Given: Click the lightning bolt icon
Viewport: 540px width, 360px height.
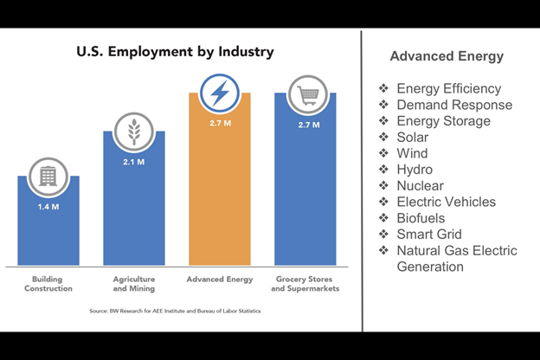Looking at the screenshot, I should coord(220,93).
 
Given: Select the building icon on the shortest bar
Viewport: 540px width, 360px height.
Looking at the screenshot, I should coord(48,177).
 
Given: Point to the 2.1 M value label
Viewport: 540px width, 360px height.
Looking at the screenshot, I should coord(134,163).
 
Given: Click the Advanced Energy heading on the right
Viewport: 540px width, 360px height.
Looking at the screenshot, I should coord(447,56).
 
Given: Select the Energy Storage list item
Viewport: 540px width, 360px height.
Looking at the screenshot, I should coord(443,121).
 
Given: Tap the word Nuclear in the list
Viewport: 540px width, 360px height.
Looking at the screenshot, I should coord(420,185).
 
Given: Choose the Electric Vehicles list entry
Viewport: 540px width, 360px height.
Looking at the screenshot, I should coord(446,202).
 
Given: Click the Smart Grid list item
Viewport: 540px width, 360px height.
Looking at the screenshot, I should coord(429,234).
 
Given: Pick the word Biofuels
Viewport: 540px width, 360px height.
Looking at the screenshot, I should coord(421,218).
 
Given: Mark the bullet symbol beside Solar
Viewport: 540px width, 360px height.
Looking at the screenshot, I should coord(383,138).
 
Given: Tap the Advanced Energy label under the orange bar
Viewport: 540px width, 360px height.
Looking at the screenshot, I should coord(220,280).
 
